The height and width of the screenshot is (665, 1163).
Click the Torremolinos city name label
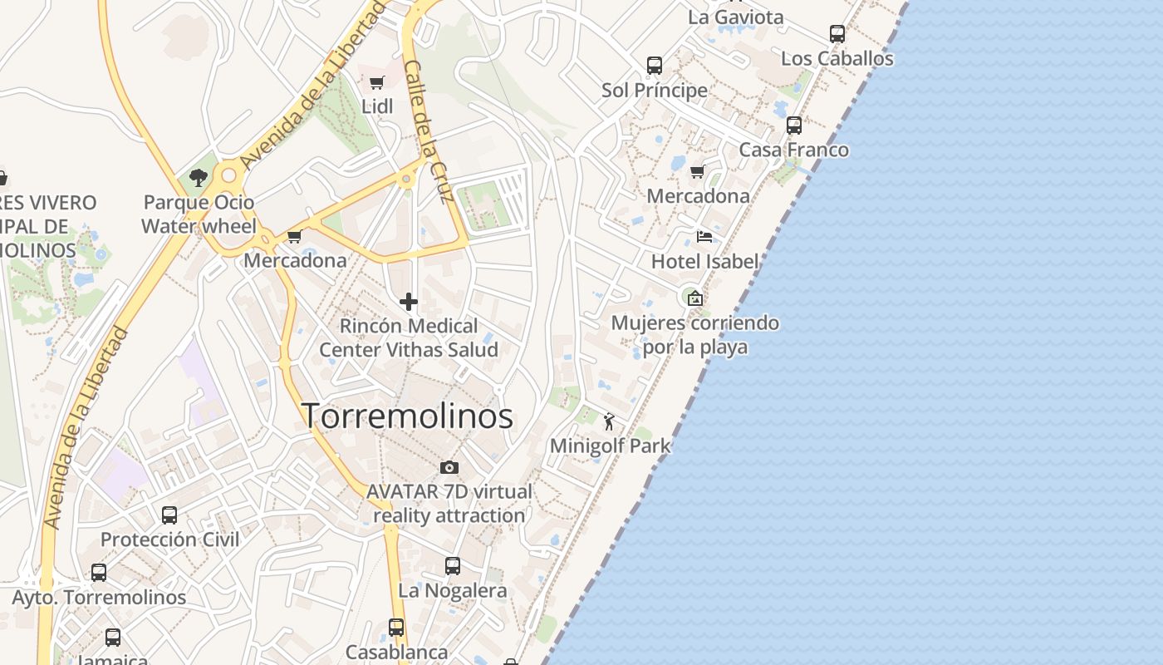point(407,416)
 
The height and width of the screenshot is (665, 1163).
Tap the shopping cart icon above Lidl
point(376,82)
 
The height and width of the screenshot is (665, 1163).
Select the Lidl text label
point(377,106)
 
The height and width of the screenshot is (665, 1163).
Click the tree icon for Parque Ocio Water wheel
point(198,177)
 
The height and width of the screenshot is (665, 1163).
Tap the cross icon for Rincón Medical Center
point(408,302)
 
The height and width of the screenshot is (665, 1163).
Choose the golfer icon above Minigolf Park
point(609,421)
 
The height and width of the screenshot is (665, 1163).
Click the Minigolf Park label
point(610,446)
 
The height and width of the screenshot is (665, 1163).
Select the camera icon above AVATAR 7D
point(449,467)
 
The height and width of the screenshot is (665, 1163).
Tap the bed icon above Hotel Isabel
point(704,237)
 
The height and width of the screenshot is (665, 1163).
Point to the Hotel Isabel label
point(704,261)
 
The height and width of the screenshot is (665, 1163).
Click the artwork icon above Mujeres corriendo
point(694,298)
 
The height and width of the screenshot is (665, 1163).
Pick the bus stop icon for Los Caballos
point(837,34)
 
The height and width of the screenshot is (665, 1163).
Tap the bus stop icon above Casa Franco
point(793,126)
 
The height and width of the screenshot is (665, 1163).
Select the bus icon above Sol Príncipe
point(654,65)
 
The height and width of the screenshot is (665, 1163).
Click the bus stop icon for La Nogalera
point(452,566)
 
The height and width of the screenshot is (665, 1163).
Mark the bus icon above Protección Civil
point(169,515)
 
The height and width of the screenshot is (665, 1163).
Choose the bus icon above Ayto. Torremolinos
point(98,573)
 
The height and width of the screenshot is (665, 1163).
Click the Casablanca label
point(396,652)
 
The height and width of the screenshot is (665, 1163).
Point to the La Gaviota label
point(735,17)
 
